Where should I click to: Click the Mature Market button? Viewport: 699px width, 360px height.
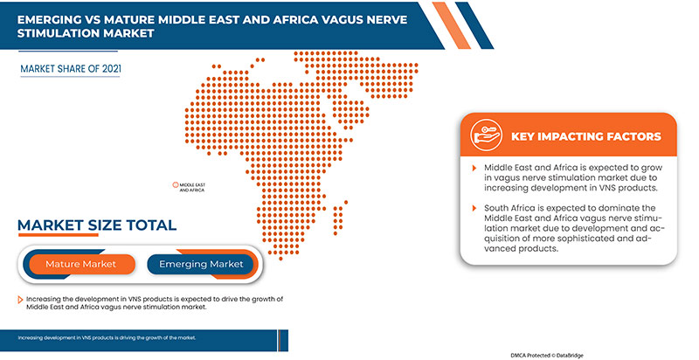click(80, 263)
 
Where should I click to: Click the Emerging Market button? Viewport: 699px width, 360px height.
click(200, 263)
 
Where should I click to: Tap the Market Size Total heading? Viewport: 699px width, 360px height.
click(97, 226)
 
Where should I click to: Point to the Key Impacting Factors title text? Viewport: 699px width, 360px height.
click(585, 137)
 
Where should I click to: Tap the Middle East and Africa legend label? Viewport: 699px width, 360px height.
click(191, 187)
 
